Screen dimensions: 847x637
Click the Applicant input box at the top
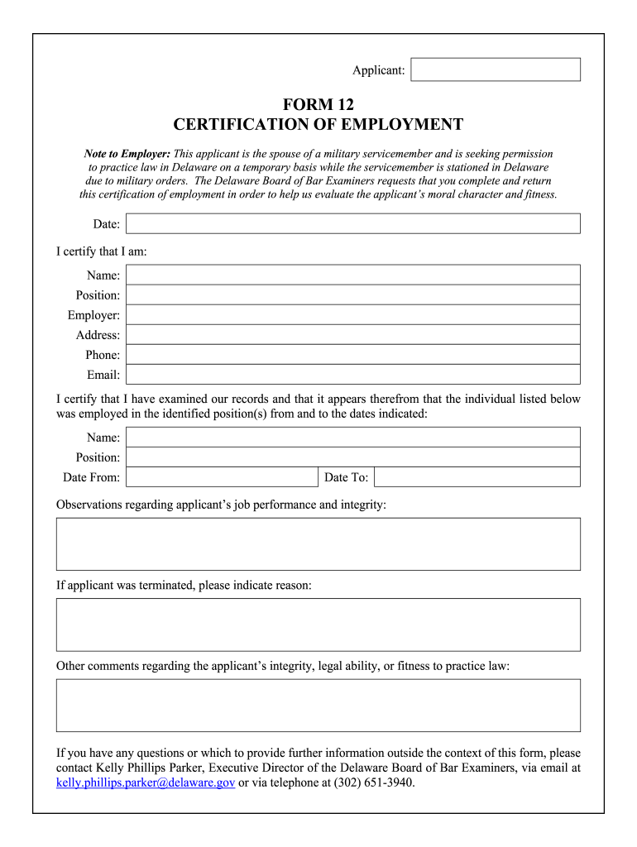[496, 69]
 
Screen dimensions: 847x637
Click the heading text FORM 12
[318, 105]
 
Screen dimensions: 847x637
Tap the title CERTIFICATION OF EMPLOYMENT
[318, 125]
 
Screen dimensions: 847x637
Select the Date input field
[352, 223]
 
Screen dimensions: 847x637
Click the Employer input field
[352, 314]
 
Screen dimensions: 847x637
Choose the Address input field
[352, 334]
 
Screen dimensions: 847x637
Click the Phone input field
[352, 354]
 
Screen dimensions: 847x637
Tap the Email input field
[352, 374]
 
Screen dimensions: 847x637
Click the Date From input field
[222, 476]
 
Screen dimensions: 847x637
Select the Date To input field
[477, 476]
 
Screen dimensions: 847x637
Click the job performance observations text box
[318, 543]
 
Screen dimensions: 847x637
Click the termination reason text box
[318, 624]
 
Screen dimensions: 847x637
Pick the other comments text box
[318, 705]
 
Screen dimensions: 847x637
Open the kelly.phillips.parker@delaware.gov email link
[146, 782]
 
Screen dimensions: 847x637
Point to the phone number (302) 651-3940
[373, 782]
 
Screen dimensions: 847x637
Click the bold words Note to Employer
[127, 154]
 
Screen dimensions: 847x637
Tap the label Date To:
[346, 477]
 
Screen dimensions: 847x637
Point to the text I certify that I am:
[101, 251]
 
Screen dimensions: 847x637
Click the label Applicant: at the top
[378, 70]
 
